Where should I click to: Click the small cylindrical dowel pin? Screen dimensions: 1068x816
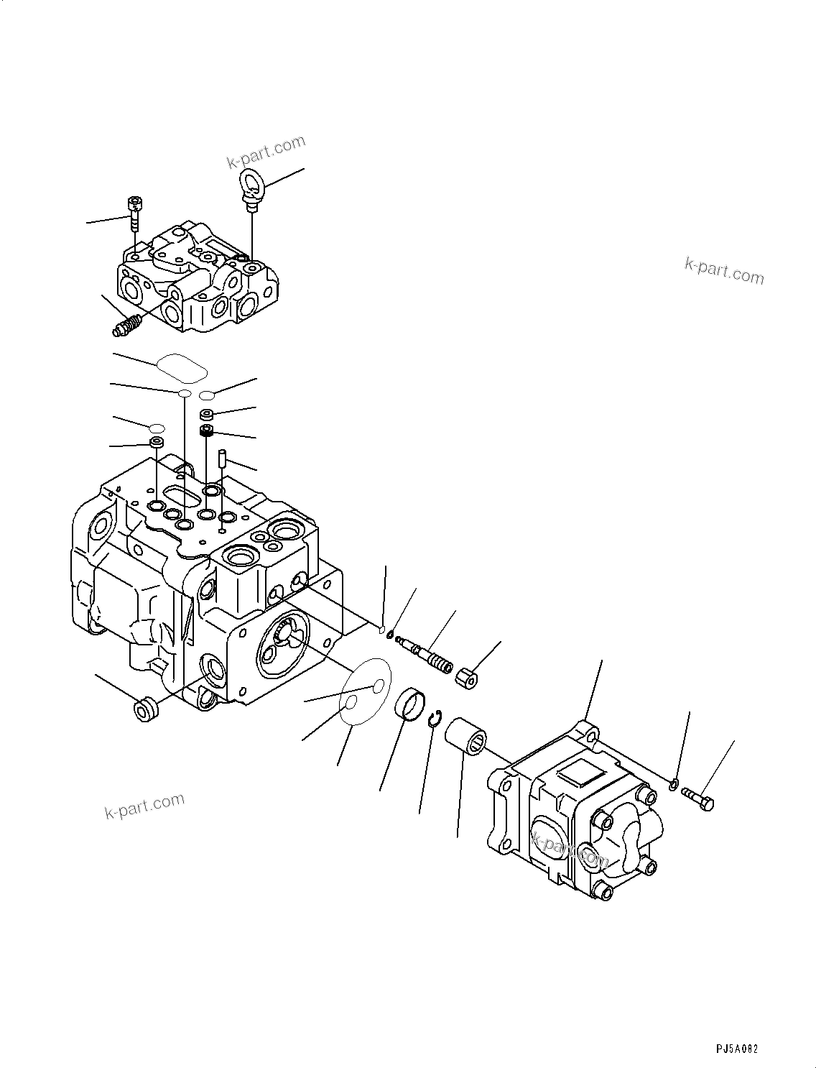(223, 456)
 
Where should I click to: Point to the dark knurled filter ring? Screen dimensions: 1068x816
(208, 431)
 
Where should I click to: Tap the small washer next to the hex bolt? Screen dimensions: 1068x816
(673, 783)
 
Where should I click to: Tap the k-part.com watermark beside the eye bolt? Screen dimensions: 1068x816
(266, 152)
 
